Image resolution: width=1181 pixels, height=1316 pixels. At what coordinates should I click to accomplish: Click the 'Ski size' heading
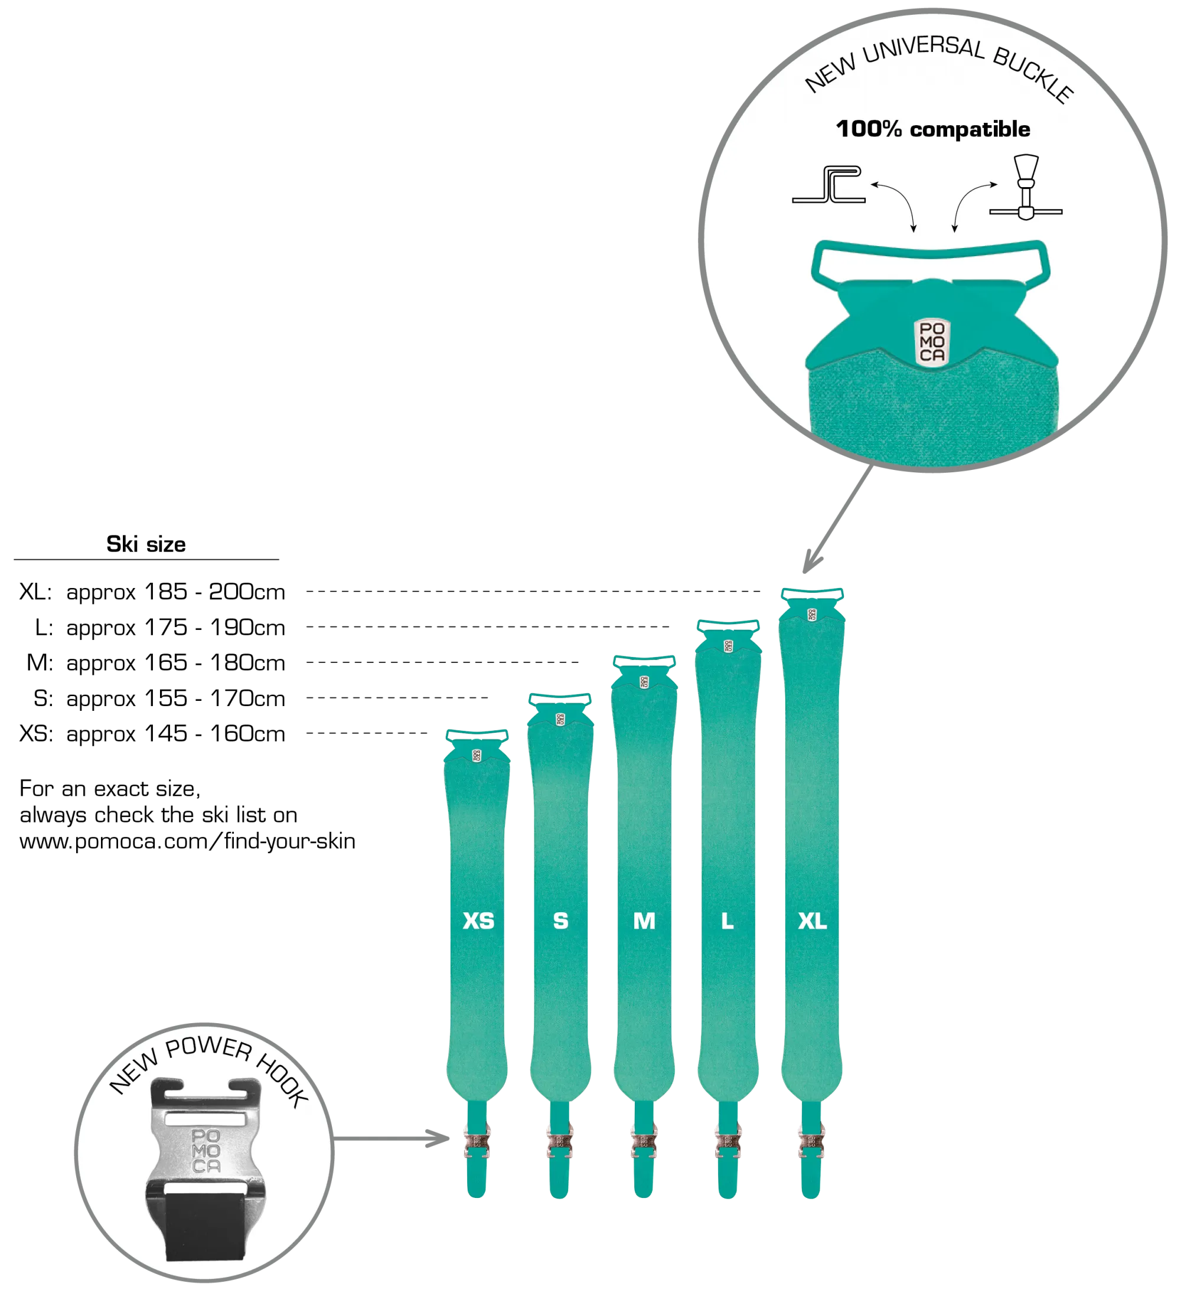(x=146, y=544)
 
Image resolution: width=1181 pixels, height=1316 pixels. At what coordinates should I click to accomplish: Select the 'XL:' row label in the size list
(x=35, y=592)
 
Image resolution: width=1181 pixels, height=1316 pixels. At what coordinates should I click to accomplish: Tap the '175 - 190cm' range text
(x=215, y=628)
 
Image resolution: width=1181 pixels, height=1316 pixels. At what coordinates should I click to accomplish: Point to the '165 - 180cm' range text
(x=215, y=662)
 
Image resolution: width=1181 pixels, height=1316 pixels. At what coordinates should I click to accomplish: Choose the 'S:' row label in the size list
(x=43, y=698)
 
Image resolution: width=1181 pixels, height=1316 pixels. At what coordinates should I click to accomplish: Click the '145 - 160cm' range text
(x=215, y=733)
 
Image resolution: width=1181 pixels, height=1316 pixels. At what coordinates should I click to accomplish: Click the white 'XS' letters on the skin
(x=478, y=921)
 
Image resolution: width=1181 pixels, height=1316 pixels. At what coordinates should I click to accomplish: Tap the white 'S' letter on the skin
(x=560, y=921)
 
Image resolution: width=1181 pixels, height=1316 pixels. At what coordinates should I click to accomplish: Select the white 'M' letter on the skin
(x=644, y=921)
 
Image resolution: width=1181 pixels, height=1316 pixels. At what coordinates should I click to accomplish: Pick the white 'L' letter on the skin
(x=727, y=921)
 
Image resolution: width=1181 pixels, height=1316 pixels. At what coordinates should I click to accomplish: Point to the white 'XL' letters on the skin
(x=813, y=921)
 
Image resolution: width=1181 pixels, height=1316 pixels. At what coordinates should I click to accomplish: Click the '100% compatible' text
(x=933, y=129)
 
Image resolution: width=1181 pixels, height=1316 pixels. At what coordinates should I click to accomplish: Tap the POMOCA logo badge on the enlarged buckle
(x=932, y=342)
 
